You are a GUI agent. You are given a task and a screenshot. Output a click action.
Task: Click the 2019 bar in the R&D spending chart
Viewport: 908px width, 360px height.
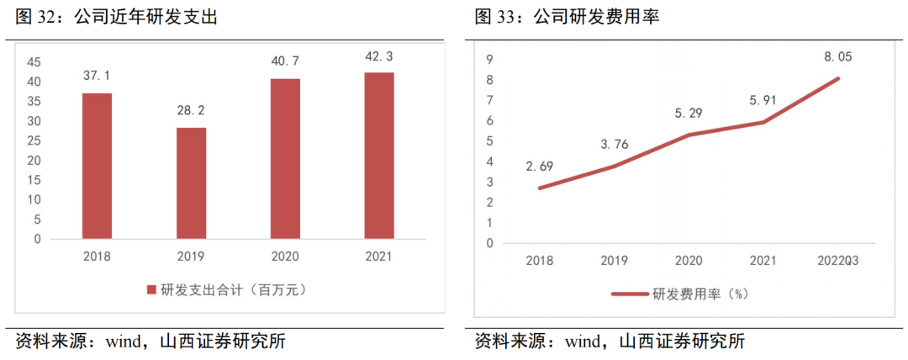pyautogui.click(x=191, y=183)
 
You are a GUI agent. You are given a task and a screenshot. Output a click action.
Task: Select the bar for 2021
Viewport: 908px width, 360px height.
pyautogui.click(x=379, y=156)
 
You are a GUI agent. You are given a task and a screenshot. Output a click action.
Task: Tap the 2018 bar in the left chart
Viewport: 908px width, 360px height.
pyautogui.click(x=97, y=166)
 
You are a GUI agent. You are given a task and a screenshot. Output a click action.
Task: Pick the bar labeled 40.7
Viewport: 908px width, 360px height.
pyautogui.click(x=285, y=158)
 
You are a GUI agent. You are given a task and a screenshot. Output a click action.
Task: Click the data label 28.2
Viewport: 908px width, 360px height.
pyautogui.click(x=191, y=110)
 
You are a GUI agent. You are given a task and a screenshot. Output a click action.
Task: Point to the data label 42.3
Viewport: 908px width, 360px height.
pyautogui.click(x=379, y=56)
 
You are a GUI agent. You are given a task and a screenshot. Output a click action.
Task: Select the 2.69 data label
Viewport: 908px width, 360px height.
pyautogui.click(x=539, y=166)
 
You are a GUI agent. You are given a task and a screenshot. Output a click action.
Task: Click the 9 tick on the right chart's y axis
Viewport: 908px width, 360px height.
pyautogui.click(x=489, y=59)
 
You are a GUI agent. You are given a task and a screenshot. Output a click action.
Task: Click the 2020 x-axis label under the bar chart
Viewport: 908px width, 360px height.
pyautogui.click(x=285, y=256)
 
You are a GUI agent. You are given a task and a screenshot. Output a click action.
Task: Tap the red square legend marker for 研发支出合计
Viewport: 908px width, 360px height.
pyautogui.click(x=151, y=290)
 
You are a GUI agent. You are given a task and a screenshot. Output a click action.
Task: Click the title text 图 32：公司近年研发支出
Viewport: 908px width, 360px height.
pyautogui.click(x=117, y=16)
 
